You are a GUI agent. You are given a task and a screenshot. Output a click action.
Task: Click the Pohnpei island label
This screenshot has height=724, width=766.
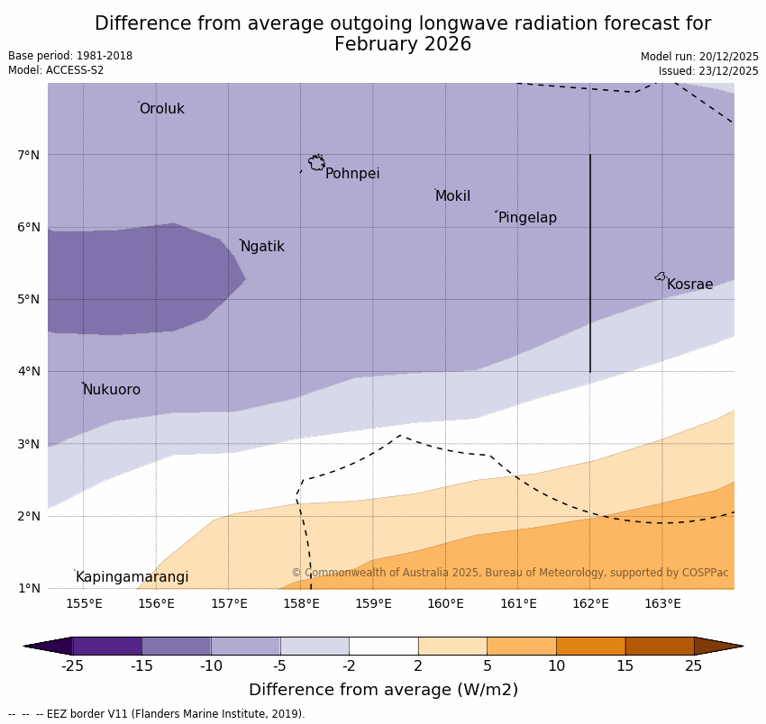352,174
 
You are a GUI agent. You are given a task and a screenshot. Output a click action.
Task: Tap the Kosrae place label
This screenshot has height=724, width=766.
689,285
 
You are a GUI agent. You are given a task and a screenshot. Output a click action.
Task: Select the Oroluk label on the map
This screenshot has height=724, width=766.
161,109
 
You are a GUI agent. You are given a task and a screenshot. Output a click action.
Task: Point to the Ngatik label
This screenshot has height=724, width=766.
262,247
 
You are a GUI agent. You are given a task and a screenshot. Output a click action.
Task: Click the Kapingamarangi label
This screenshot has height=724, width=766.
132,577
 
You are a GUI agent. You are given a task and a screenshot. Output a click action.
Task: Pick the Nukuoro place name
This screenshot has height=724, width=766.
112,390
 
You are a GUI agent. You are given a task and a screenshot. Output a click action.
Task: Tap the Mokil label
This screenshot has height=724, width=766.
452,196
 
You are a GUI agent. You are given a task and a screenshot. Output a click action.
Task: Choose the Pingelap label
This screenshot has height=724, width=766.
527,218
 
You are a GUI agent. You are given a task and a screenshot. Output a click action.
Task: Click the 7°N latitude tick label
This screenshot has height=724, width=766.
29,155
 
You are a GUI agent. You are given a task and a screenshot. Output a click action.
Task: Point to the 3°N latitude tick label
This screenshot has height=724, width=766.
29,444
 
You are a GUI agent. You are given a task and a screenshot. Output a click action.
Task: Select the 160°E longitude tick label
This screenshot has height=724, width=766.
445,603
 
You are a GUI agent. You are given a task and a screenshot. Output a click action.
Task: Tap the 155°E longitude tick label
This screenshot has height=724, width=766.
84,603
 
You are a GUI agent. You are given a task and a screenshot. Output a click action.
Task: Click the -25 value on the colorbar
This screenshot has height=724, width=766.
72,666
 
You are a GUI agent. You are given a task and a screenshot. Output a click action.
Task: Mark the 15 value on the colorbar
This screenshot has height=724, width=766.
625,666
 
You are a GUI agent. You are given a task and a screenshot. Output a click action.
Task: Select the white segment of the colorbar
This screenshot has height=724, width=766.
383,646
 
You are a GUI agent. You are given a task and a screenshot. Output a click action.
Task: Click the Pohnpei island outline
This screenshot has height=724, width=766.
316,163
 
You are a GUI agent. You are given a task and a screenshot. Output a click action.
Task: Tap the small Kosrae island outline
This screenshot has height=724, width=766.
661,276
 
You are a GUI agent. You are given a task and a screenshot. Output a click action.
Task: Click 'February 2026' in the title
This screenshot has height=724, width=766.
403,44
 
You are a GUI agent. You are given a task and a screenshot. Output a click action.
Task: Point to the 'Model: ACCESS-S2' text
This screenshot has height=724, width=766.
56,70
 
